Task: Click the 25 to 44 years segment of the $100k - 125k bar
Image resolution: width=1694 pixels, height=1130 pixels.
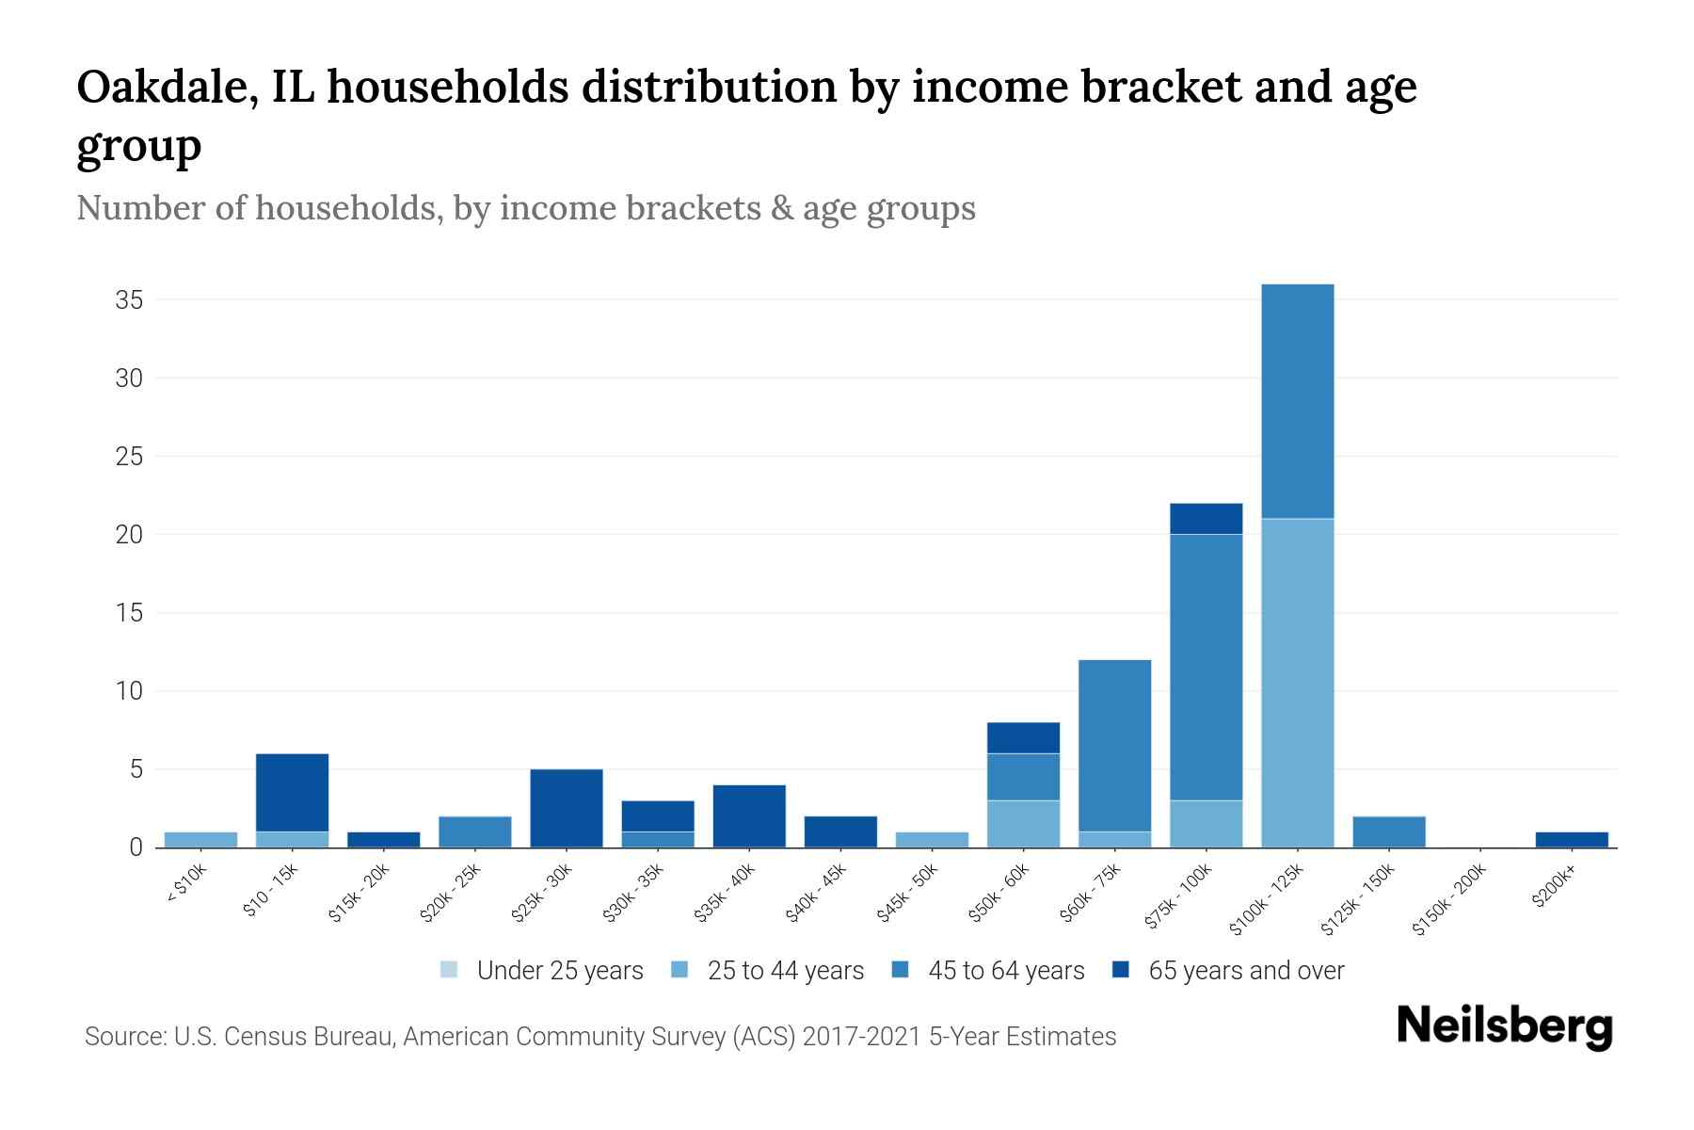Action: click(x=1297, y=683)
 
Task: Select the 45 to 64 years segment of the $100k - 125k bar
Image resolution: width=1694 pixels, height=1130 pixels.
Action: click(x=1297, y=401)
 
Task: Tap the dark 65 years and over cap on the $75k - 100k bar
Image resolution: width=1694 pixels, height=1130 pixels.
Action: click(x=1206, y=519)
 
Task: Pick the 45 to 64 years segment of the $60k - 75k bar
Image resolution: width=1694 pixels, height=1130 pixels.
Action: click(x=1114, y=745)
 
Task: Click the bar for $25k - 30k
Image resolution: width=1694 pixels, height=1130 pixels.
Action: click(x=567, y=808)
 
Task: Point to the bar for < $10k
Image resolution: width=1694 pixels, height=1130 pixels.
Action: click(x=200, y=840)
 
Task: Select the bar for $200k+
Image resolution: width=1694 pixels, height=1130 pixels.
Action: click(x=1571, y=840)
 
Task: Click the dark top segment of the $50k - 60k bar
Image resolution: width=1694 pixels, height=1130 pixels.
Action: click(x=1023, y=737)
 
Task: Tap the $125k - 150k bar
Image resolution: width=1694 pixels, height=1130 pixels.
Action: click(x=1388, y=831)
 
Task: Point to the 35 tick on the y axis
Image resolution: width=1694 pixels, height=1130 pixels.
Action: click(x=129, y=300)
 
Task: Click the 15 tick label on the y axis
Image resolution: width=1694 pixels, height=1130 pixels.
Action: click(x=129, y=613)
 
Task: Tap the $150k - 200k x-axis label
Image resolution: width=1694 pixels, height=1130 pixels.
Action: click(x=1450, y=900)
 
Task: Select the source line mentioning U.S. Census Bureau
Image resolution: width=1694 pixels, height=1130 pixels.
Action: click(x=600, y=1037)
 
